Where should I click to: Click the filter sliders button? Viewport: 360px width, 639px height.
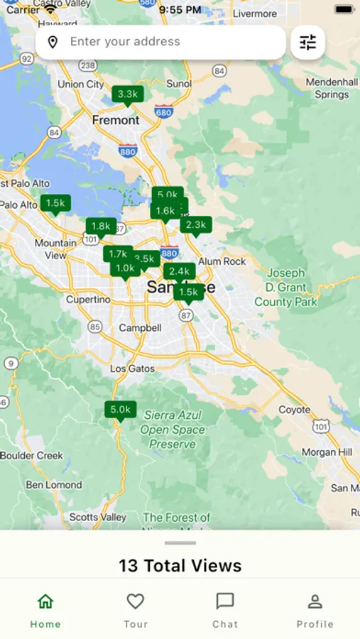tap(307, 43)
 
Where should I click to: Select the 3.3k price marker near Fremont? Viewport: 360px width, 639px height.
tap(128, 94)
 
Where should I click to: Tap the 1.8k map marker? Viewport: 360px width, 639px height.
tap(101, 226)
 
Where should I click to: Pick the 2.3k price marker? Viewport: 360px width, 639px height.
tap(195, 225)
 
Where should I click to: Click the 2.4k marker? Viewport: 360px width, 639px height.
tap(180, 271)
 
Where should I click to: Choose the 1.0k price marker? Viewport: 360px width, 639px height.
tap(125, 268)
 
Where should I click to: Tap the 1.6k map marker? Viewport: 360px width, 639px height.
tap(165, 211)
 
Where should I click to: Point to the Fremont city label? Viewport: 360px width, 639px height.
tap(116, 120)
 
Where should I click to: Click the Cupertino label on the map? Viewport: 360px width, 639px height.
tap(88, 300)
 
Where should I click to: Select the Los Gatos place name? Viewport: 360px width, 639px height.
tap(132, 368)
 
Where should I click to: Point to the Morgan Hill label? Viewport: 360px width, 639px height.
tap(327, 452)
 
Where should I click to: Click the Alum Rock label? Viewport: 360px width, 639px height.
tap(222, 261)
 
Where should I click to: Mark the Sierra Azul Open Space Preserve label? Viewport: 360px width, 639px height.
tap(173, 430)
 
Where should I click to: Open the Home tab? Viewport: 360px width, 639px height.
tap(45, 611)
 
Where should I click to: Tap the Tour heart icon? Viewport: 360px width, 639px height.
tap(136, 602)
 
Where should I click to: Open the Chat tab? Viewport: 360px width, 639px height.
tap(225, 611)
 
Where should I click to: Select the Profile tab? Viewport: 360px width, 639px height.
tap(315, 611)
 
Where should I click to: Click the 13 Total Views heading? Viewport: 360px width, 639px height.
tap(180, 565)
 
